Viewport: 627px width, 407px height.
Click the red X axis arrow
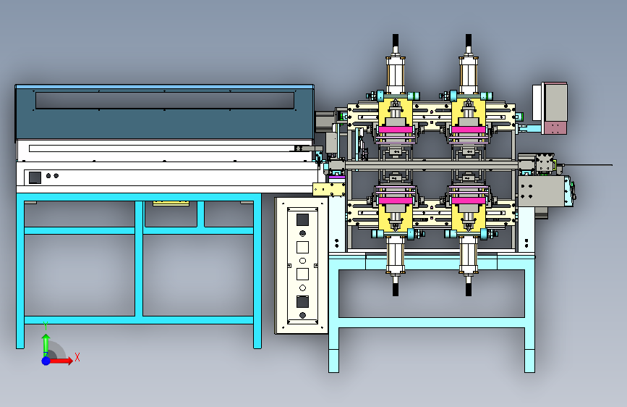click(x=60, y=361)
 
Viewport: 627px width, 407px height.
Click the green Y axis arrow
click(x=46, y=345)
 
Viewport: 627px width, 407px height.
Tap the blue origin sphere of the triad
click(x=46, y=361)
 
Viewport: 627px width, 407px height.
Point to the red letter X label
click(x=77, y=357)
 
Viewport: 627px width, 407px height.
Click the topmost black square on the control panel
click(x=302, y=220)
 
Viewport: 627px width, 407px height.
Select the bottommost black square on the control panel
click(x=302, y=302)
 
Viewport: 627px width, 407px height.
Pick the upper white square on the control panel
click(x=302, y=247)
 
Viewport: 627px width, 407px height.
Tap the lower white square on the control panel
click(x=302, y=274)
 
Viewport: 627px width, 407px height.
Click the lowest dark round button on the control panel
click(x=303, y=315)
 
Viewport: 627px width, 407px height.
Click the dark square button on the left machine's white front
click(x=35, y=177)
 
